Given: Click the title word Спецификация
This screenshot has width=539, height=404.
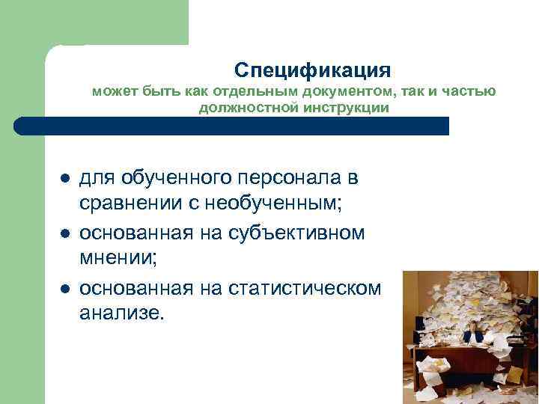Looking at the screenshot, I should click(x=312, y=70).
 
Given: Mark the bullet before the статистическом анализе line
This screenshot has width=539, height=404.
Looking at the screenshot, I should click(x=65, y=289).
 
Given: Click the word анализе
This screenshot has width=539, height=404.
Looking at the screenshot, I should click(x=120, y=313).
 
